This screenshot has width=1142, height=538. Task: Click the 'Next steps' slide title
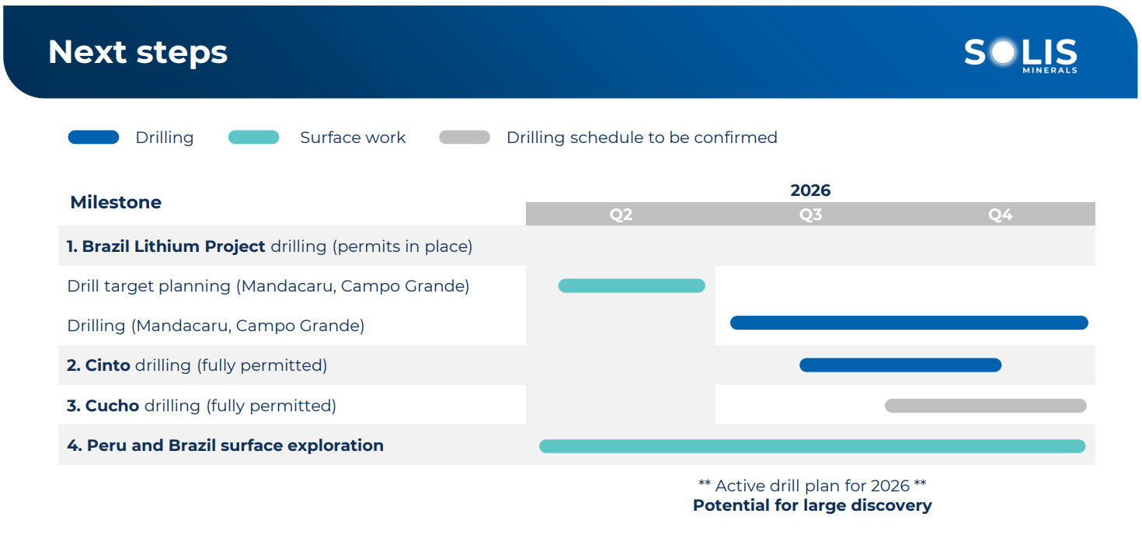pos(138,53)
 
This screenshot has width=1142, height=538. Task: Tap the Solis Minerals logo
pos(1021,54)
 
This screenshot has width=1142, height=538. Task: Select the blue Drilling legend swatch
pos(93,138)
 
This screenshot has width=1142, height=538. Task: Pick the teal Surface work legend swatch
pos(253,138)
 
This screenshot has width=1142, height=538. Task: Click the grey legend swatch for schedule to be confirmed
pos(465,138)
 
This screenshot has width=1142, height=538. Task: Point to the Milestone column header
pos(116,202)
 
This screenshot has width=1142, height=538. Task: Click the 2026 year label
pos(810,190)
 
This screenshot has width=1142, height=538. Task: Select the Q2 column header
pos(621,215)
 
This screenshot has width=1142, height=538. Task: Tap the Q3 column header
pos(810,215)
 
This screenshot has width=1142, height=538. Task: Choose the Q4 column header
pos(1001,215)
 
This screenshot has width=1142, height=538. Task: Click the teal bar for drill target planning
pos(632,286)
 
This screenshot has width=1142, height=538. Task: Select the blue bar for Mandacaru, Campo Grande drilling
pos(909,323)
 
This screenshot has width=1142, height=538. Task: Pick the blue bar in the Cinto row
pos(900,365)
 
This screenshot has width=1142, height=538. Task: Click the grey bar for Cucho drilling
pos(986,406)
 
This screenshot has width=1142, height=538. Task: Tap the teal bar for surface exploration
pos(812,446)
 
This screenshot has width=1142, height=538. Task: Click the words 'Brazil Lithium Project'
pos(174,246)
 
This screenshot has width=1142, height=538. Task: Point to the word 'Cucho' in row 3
pos(112,406)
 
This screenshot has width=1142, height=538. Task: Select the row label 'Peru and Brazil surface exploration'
pos(235,445)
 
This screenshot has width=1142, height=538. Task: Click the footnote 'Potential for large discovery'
pos(812,505)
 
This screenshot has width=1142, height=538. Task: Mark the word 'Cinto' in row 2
pos(107,365)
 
